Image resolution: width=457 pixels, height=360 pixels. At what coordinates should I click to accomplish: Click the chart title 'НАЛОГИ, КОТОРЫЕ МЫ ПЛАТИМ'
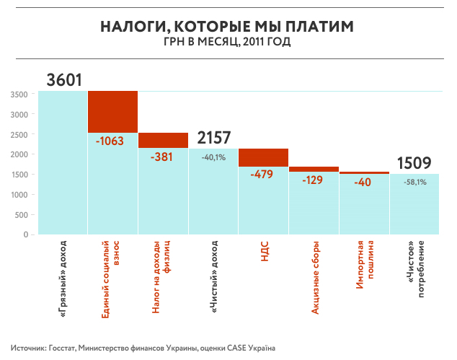point(228,27)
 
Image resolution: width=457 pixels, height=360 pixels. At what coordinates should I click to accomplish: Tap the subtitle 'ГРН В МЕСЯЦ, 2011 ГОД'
point(228,43)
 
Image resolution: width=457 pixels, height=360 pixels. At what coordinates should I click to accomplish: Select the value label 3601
point(63,80)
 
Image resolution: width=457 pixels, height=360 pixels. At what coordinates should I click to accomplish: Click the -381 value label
point(164,157)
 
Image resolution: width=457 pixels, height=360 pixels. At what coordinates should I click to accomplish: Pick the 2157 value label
point(213,138)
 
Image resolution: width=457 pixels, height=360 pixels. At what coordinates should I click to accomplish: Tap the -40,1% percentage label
point(213,157)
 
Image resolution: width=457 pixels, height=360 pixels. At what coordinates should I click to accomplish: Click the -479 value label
point(264,174)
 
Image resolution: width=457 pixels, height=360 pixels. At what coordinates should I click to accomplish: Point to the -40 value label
point(364,182)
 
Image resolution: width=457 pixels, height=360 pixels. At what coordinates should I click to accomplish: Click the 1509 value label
point(414,163)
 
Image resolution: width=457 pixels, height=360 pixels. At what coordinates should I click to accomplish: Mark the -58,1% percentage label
point(414,183)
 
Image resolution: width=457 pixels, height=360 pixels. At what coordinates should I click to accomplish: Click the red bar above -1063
point(113,112)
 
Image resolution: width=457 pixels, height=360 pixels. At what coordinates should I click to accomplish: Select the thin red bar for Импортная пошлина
point(364,172)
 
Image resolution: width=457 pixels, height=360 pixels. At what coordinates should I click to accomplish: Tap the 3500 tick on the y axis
point(19,95)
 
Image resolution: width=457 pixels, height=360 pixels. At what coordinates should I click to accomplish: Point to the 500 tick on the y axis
point(22,215)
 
